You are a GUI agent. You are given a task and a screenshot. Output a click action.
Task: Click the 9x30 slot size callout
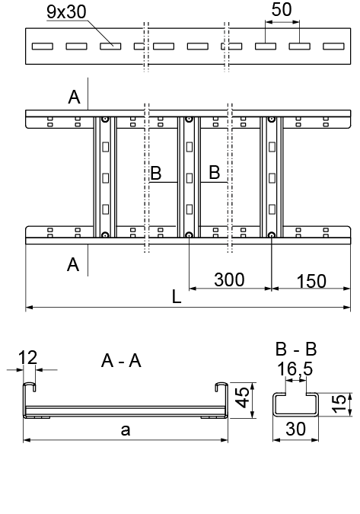tap(66, 11)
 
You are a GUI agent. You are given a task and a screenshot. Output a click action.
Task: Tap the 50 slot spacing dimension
tap(282, 9)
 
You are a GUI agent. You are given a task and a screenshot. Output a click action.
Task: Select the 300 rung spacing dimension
tap(229, 279)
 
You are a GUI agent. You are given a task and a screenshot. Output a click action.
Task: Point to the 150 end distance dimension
tap(311, 281)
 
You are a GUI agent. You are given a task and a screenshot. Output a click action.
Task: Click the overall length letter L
tap(177, 297)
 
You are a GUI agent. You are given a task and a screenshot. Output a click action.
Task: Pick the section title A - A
tap(121, 361)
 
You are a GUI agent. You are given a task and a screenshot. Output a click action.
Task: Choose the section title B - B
tap(296, 349)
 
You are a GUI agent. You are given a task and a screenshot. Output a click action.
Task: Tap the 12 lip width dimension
tap(28, 358)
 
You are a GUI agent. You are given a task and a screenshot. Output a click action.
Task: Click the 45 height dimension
tap(243, 397)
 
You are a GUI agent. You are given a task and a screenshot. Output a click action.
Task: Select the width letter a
tap(126, 430)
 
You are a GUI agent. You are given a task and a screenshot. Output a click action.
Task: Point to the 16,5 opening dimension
tap(295, 369)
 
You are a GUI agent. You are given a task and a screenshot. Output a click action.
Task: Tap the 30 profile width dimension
tap(296, 429)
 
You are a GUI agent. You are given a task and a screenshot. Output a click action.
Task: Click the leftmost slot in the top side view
tap(43, 46)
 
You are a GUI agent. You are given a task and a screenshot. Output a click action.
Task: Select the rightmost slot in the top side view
tap(333, 46)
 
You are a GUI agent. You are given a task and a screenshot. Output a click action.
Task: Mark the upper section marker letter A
tap(74, 97)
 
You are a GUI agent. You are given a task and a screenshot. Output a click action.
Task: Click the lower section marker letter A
tap(73, 264)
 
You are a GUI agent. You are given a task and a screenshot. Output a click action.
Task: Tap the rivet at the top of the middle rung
tap(189, 120)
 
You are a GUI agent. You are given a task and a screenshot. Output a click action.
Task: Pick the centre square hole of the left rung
tap(105, 178)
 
